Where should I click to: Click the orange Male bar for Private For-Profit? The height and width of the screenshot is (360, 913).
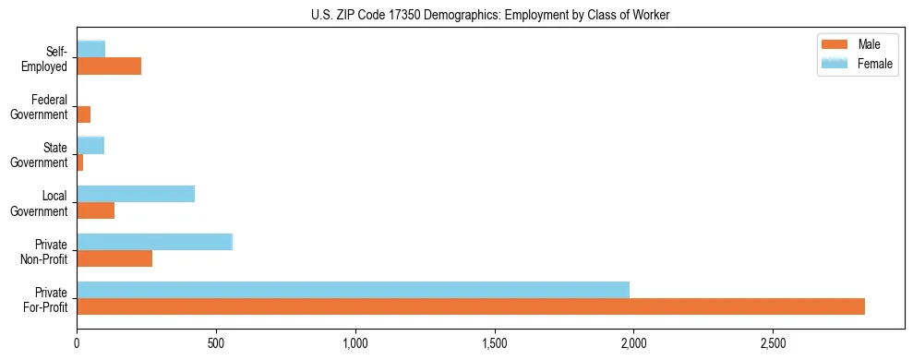[x=471, y=306]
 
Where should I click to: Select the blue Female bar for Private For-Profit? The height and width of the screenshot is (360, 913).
[x=353, y=289]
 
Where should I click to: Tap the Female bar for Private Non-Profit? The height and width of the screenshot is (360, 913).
[x=154, y=241]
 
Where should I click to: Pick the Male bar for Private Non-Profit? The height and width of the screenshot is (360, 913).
[x=114, y=258]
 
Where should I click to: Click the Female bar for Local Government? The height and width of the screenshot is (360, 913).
[x=136, y=193]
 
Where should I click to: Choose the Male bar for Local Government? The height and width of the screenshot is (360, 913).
[x=95, y=210]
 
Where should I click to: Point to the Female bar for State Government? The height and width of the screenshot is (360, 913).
[x=90, y=145]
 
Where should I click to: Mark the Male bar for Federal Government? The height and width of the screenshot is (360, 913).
[x=83, y=114]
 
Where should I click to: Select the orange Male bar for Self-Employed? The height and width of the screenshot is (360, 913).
[x=109, y=66]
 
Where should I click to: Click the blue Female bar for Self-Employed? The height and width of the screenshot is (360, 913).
[x=90, y=49]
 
